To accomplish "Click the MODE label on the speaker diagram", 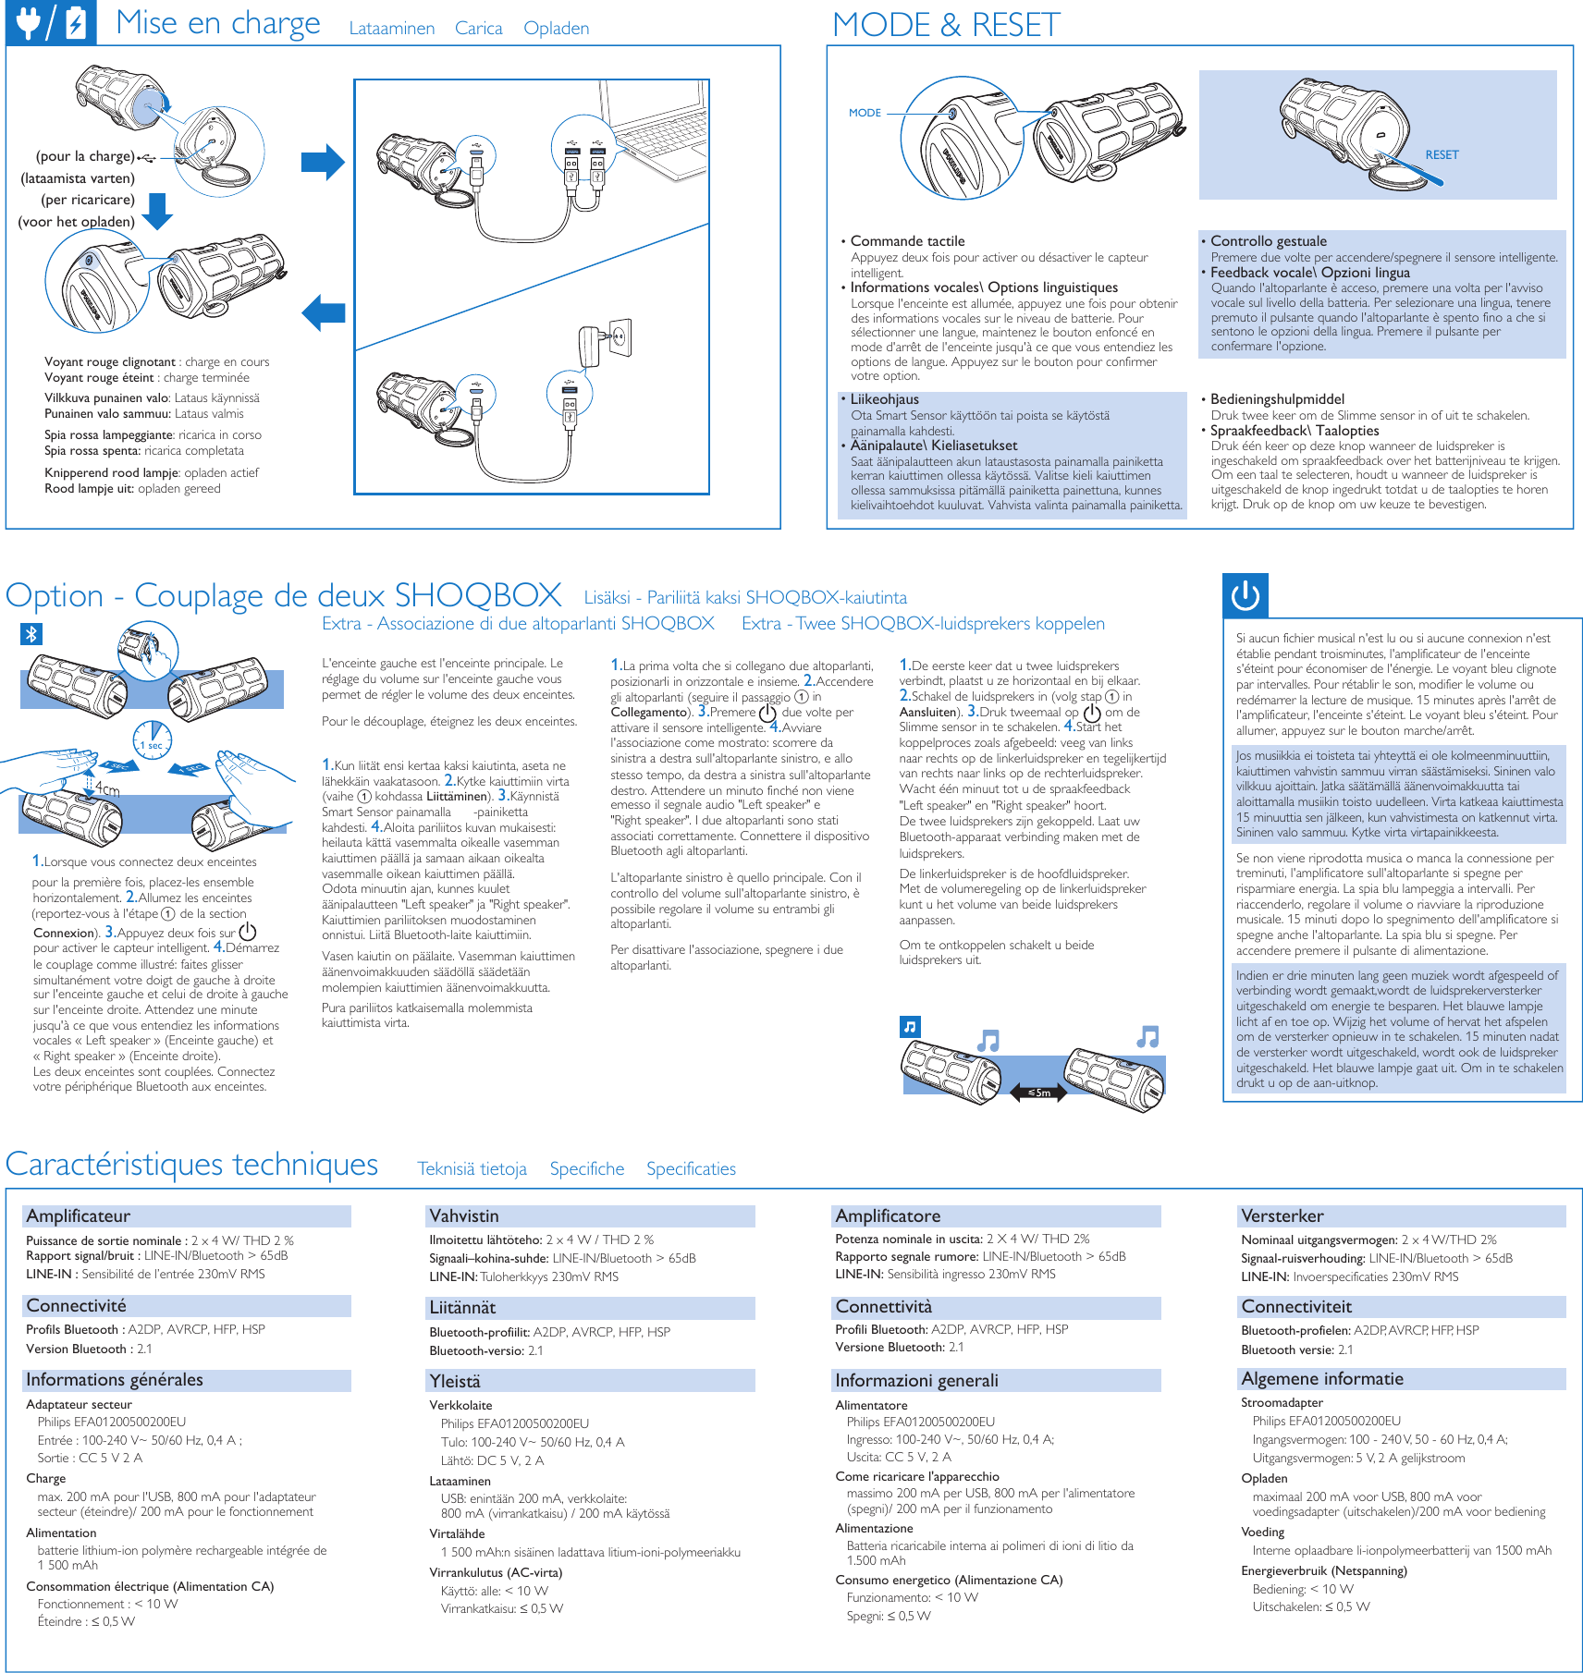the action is tap(865, 113).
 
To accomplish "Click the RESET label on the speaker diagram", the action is tap(1442, 155).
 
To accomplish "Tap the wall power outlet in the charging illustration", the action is tap(620, 338).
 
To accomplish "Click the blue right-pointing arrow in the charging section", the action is tap(323, 163).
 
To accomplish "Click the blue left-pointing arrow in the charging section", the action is tap(324, 312).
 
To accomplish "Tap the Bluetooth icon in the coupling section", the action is tap(31, 634).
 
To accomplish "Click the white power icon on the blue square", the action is tap(1246, 595).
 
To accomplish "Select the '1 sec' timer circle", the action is tap(153, 739).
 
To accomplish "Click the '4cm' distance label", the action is tap(107, 789).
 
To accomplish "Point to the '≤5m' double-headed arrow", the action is tap(1037, 1093).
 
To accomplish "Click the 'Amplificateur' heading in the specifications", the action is tap(79, 1216).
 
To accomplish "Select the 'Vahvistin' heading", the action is tap(464, 1216).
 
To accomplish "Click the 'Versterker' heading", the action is tap(1282, 1216).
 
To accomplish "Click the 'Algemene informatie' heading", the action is tap(1322, 1379).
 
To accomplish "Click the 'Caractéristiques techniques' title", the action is tap(192, 1165).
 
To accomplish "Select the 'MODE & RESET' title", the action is tap(946, 25).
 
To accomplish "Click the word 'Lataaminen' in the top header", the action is tap(392, 29).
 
